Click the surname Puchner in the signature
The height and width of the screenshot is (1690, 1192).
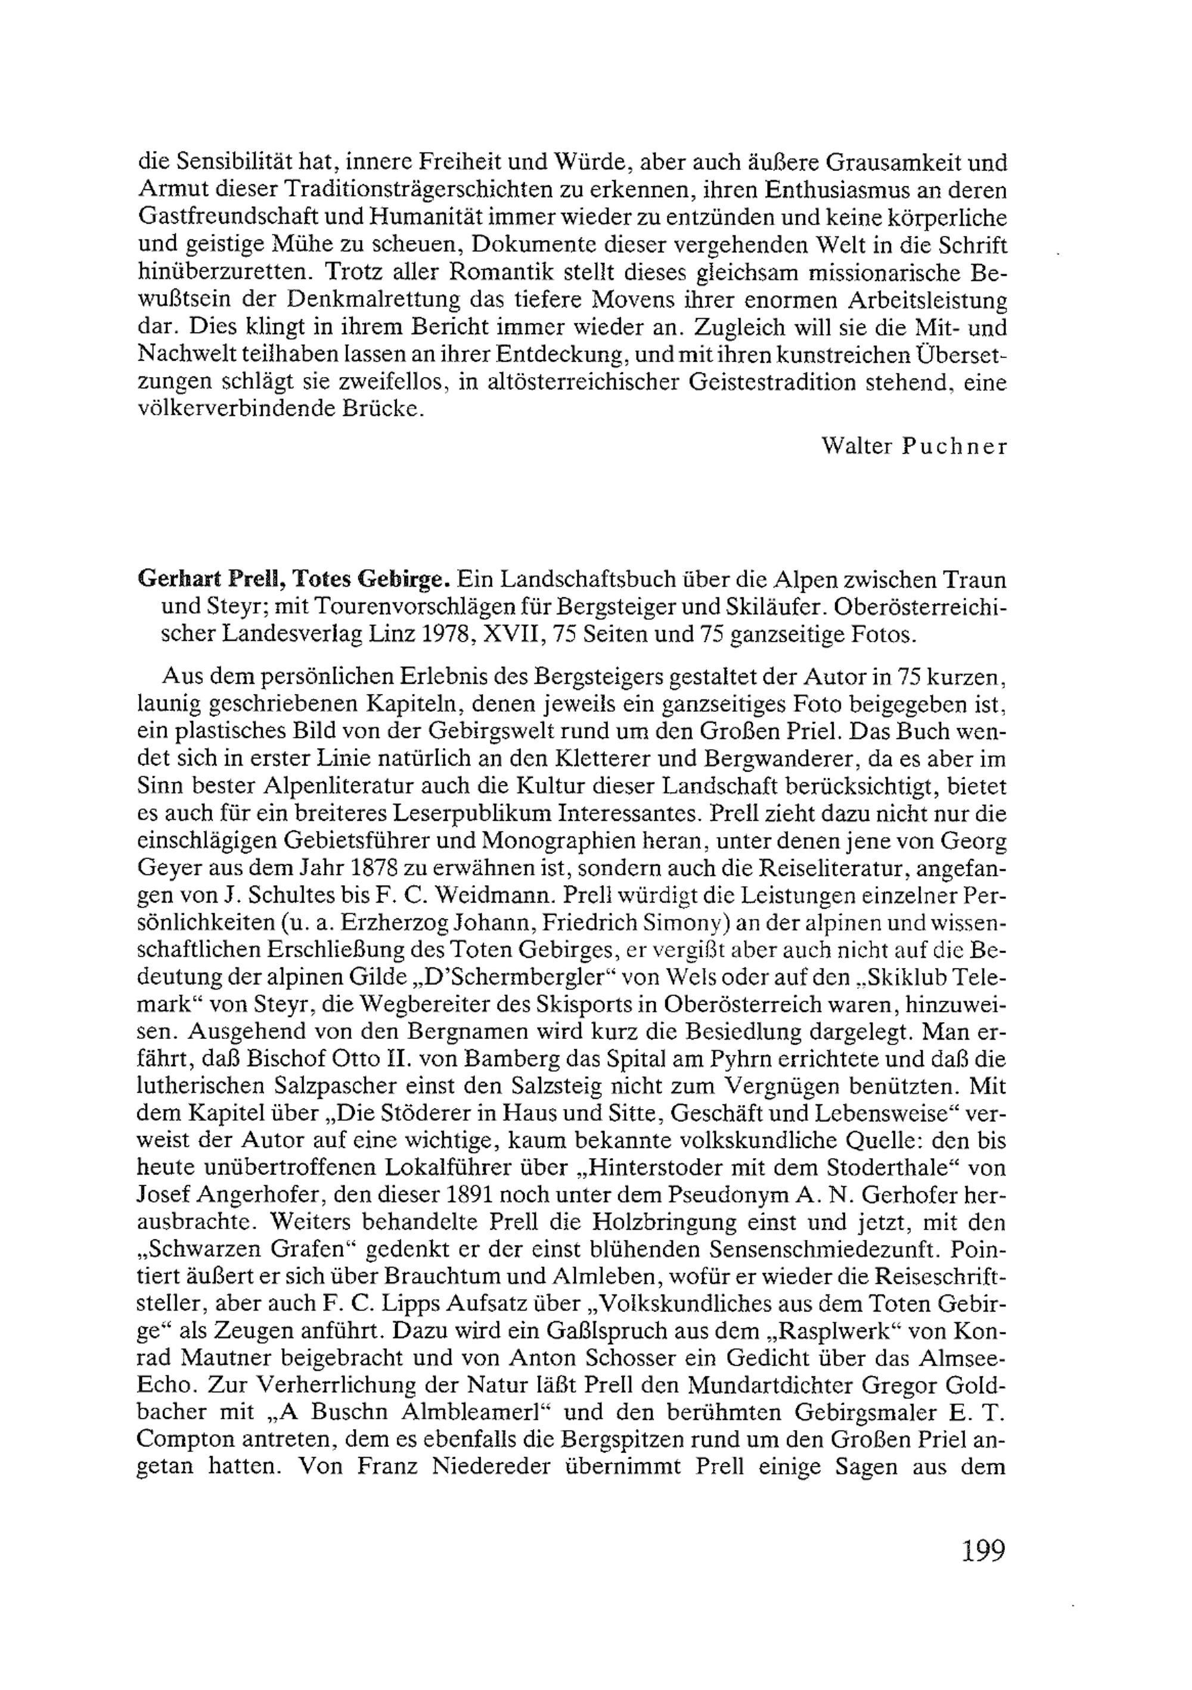[954, 447]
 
